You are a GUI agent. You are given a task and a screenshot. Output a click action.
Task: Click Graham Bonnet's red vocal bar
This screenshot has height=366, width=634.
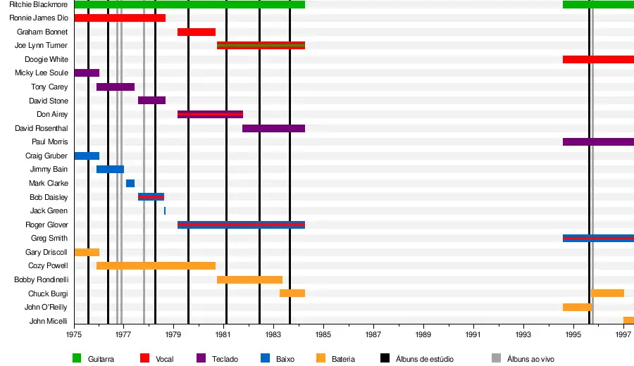pos(196,32)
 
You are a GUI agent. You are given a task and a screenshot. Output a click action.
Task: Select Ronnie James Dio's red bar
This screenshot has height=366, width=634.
pos(120,18)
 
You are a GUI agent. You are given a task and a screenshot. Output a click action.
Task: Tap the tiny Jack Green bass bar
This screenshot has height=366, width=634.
pos(165,210)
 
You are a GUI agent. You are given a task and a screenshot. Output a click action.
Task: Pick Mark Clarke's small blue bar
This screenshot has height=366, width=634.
pos(130,183)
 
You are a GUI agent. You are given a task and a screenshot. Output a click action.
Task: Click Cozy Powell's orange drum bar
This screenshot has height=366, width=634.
pos(156,266)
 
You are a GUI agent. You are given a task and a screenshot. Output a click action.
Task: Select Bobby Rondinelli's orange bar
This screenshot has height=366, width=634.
pos(249,279)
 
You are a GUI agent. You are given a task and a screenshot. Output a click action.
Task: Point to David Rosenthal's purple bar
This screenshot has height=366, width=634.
pos(273,128)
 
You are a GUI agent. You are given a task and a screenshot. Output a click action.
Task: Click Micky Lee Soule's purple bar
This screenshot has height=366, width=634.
pos(87,72)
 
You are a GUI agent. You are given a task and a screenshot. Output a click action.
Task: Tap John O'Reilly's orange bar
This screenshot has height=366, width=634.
pos(577,307)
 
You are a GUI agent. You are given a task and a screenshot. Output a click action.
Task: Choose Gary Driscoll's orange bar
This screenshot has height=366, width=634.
pos(87,252)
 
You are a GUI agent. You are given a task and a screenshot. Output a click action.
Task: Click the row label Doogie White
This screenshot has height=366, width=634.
pos(46,59)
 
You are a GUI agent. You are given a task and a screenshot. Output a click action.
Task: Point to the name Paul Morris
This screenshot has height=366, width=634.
pos(50,141)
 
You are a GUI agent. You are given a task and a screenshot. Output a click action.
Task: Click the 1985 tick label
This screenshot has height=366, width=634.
pos(323,335)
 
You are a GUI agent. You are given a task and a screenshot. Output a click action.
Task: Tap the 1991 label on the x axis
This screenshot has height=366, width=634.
pos(473,335)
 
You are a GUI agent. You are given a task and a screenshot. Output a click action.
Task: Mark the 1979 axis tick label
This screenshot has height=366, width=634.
pos(173,335)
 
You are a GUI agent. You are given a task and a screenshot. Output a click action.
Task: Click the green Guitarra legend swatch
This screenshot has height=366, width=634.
pos(77,358)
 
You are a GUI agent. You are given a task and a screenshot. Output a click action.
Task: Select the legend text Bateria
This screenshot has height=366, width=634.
pos(343,359)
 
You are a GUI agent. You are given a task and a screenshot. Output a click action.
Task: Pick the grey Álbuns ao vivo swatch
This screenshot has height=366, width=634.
pos(496,358)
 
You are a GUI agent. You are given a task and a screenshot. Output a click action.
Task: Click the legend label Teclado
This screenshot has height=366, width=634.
pos(225,359)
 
